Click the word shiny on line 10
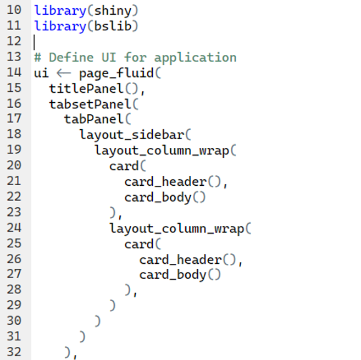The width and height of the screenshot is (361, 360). click(113, 11)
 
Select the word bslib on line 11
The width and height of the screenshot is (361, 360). click(113, 26)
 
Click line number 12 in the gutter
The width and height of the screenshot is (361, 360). click(14, 41)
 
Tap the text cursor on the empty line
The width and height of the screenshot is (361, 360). click(34, 42)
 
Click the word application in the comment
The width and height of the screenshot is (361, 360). click(195, 58)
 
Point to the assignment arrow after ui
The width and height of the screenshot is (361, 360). click(64, 74)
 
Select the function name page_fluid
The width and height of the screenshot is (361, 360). click(116, 74)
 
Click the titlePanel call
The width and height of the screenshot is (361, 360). click(86, 88)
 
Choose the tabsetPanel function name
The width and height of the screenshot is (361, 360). click(90, 104)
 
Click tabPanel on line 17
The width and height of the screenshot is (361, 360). click(94, 119)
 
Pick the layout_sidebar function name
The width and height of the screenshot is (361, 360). click(132, 135)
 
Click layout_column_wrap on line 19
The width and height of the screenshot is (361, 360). click(162, 151)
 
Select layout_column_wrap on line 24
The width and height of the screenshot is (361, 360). click(177, 229)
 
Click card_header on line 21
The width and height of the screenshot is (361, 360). click(165, 182)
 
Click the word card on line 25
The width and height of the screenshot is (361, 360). click(139, 245)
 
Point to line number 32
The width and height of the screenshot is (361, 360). click(14, 352)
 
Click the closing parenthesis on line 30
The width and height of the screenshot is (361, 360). click(98, 321)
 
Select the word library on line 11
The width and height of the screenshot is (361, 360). click(60, 26)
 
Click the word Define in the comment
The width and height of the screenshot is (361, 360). click(71, 58)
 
